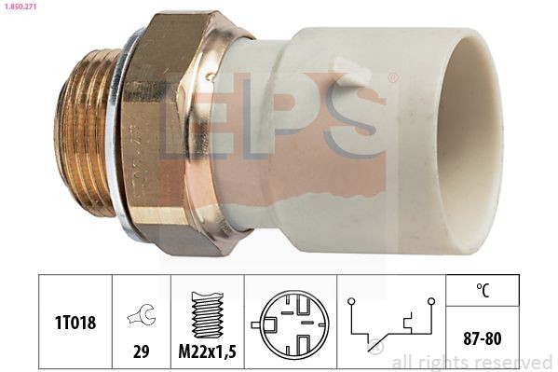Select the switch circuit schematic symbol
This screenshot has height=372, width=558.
click(390, 323)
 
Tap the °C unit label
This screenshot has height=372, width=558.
click(482, 289)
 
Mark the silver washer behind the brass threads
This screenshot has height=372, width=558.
click(117, 140)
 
